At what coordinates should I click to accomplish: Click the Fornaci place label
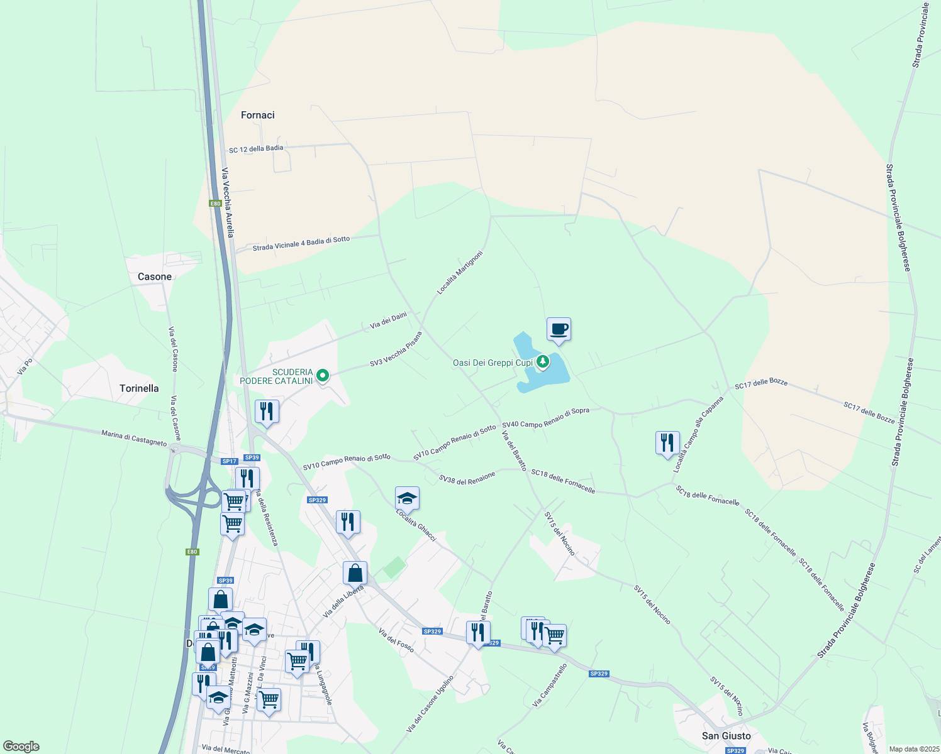click(258, 115)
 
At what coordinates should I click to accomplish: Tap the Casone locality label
click(155, 276)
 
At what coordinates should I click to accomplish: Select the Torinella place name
click(139, 388)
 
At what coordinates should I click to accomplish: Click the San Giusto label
click(727, 736)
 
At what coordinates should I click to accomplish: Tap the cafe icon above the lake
click(559, 329)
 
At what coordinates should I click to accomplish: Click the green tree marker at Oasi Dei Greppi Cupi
click(542, 362)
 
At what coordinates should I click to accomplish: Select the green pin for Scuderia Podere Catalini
click(323, 376)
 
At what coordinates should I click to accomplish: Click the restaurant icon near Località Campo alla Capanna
click(667, 443)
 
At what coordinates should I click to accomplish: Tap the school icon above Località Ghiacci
click(407, 499)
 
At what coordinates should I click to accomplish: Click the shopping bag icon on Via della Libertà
click(355, 573)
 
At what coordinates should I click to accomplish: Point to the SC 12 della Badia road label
click(256, 149)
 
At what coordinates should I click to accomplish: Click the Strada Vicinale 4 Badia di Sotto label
click(301, 244)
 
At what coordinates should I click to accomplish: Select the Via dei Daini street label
click(388, 320)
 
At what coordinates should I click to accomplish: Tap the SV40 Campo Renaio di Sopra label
click(545, 418)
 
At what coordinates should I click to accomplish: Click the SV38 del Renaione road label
click(467, 478)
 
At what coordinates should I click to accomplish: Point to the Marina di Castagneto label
click(134, 437)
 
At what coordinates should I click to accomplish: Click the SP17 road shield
click(230, 461)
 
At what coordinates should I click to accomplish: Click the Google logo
click(21, 746)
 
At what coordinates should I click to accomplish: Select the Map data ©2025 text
click(913, 749)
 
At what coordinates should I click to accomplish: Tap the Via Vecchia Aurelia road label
click(227, 202)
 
